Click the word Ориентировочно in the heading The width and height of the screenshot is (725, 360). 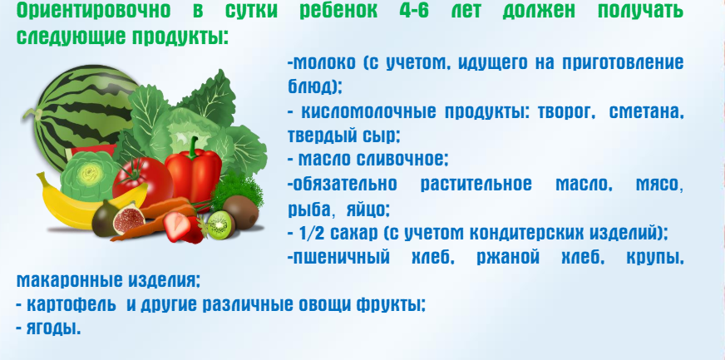click(93, 11)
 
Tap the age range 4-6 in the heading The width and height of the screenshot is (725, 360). click(414, 11)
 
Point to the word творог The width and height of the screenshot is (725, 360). click(566, 112)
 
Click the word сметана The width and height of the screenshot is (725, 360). click(646, 112)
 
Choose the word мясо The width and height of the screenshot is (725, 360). click(658, 185)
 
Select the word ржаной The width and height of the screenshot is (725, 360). click(508, 258)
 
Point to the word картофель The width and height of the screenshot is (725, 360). click(72, 304)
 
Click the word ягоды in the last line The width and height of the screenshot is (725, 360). click(53, 328)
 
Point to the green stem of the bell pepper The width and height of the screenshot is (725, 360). click(192, 146)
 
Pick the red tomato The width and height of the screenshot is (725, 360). click(142, 181)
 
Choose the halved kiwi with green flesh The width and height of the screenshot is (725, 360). click(220, 225)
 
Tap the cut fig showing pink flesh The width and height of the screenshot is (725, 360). click(129, 219)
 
